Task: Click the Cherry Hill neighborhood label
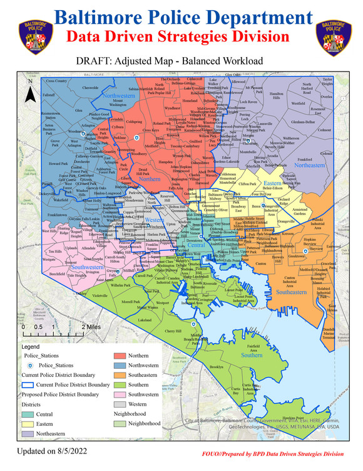(x=173, y=331)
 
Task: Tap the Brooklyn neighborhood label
(x=217, y=367)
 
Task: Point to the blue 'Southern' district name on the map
(x=252, y=355)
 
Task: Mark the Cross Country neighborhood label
(x=56, y=81)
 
